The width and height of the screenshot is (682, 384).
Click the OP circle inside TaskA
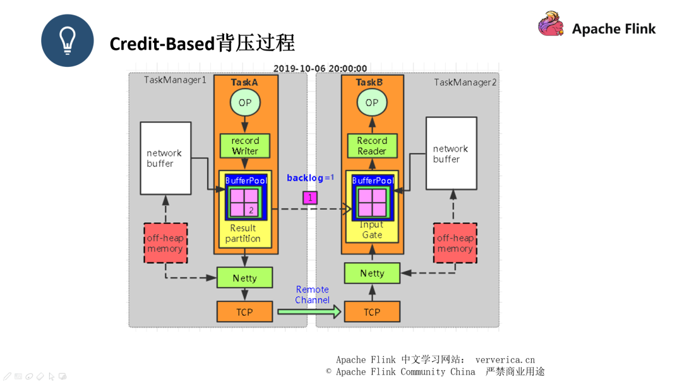[x=245, y=103]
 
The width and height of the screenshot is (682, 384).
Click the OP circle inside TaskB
[x=372, y=103]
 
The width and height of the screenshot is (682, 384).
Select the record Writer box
[x=245, y=146]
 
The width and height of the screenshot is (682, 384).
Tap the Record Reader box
[x=372, y=146]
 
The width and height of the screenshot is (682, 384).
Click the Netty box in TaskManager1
[x=244, y=278]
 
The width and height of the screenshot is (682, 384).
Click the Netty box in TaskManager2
[x=372, y=273]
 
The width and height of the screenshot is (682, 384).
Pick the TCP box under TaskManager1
[x=244, y=312]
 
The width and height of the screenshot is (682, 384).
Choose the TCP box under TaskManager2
[x=372, y=312]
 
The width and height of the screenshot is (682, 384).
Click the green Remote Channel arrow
[x=309, y=311]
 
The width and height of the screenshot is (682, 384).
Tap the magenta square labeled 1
[x=310, y=198]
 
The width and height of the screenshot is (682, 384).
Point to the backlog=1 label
[x=310, y=178]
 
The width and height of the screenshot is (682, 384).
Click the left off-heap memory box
[x=165, y=243]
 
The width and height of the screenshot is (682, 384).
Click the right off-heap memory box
[x=455, y=243]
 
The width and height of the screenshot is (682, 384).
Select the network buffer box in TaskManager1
[x=165, y=159]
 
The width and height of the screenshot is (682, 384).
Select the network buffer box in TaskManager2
[x=451, y=153]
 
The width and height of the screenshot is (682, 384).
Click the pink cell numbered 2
[x=251, y=210]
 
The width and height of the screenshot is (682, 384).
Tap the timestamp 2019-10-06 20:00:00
[x=320, y=68]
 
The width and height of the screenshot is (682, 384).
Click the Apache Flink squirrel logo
[x=551, y=25]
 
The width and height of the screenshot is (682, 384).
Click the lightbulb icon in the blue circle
[x=68, y=40]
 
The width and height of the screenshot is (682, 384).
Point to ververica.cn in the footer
[x=505, y=360]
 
